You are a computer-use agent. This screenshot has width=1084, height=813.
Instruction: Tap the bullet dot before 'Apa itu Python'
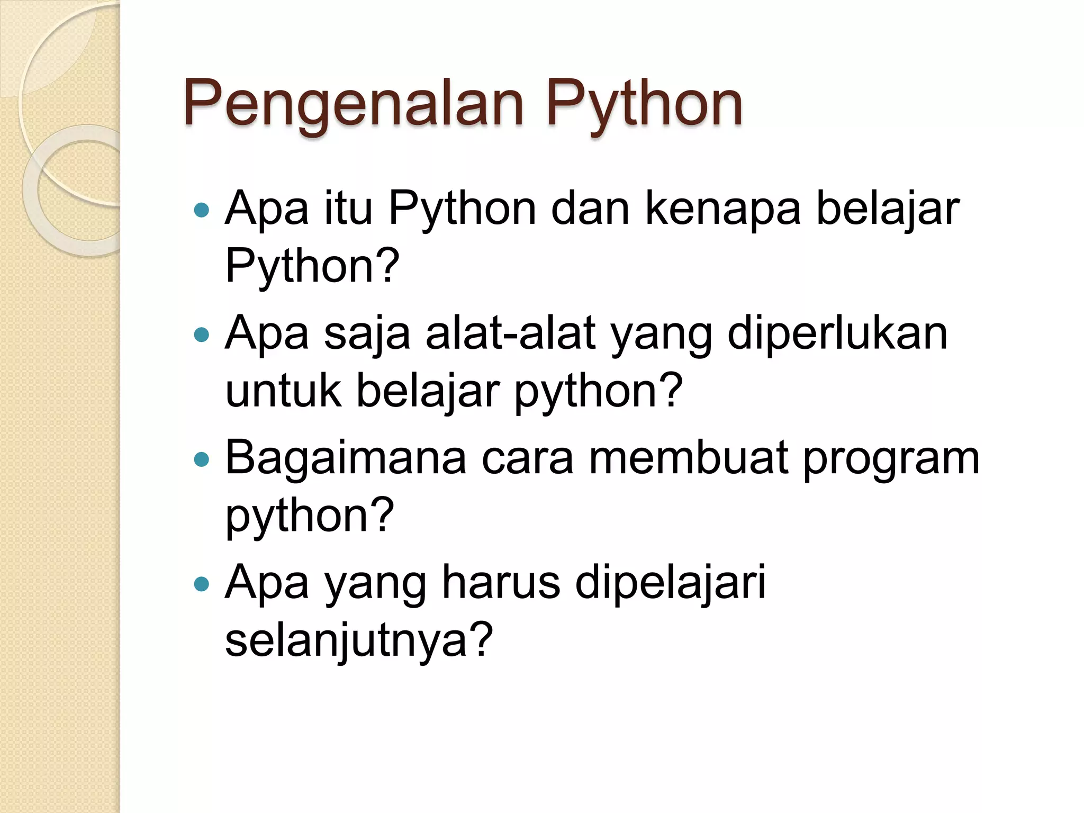pos(202,210)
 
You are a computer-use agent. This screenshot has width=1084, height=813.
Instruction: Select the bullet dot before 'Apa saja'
pos(202,335)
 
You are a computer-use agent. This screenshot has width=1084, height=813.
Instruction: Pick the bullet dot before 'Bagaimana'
pos(202,459)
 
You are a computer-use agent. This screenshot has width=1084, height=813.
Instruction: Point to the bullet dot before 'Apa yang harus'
pos(202,584)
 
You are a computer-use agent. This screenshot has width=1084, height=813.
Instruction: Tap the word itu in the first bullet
pos(348,209)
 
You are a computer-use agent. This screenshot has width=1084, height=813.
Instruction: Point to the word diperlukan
pos(837,335)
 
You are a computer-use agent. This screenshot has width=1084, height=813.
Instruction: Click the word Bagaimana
pos(346,459)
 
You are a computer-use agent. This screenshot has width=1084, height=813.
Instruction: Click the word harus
pos(501,583)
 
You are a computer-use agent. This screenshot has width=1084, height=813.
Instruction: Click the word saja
pos(367,335)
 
